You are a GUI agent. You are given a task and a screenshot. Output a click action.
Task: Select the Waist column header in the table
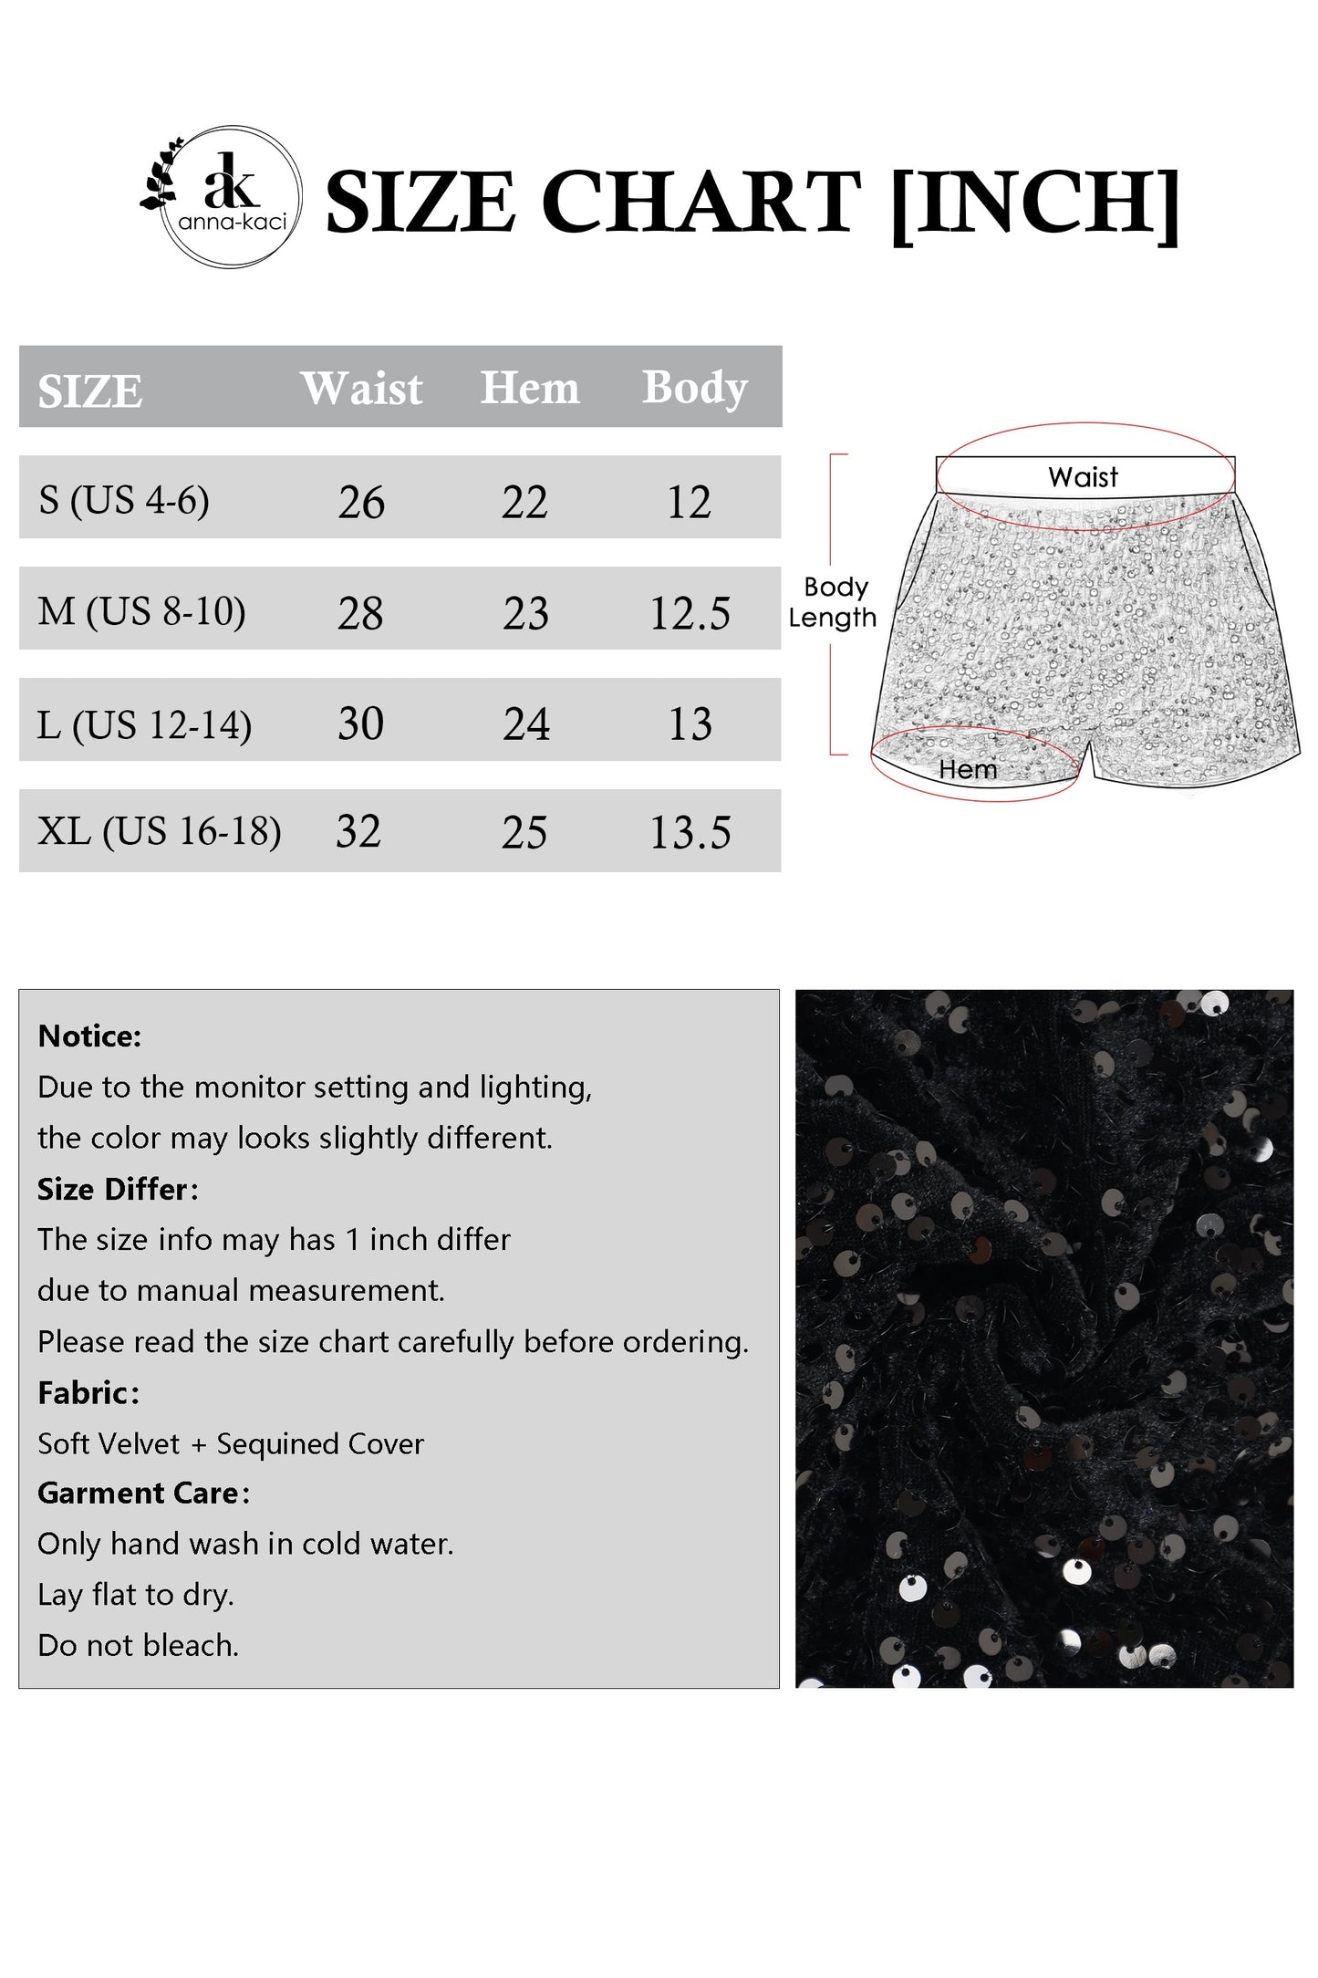[361, 389]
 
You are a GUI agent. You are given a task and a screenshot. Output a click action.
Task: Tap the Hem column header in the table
[529, 388]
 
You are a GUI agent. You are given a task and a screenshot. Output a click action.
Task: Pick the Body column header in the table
[694, 388]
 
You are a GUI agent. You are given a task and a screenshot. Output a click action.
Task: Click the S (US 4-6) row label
[124, 500]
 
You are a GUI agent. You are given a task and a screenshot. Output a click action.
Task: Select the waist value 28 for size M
[360, 613]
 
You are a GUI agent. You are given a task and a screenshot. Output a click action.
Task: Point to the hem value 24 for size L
[526, 724]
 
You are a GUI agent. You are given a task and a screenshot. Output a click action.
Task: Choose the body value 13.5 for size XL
[690, 833]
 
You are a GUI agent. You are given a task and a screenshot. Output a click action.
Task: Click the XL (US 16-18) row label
[160, 831]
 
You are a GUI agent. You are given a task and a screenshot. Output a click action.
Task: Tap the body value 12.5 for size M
[690, 613]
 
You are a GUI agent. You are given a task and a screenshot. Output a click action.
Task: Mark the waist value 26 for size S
[361, 503]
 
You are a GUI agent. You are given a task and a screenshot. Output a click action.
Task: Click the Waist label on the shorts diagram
[1083, 477]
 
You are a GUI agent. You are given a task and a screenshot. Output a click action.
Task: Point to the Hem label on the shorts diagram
[968, 770]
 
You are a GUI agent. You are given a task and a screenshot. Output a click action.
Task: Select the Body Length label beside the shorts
[833, 602]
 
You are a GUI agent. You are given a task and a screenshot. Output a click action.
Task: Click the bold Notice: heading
[90, 1036]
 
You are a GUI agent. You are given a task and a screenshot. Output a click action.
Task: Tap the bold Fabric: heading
[88, 1393]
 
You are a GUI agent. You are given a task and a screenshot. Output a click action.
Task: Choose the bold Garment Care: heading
[143, 1494]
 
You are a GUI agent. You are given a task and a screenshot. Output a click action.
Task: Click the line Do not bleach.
[139, 1646]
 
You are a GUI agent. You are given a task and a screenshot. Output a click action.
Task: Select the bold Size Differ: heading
[118, 1190]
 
